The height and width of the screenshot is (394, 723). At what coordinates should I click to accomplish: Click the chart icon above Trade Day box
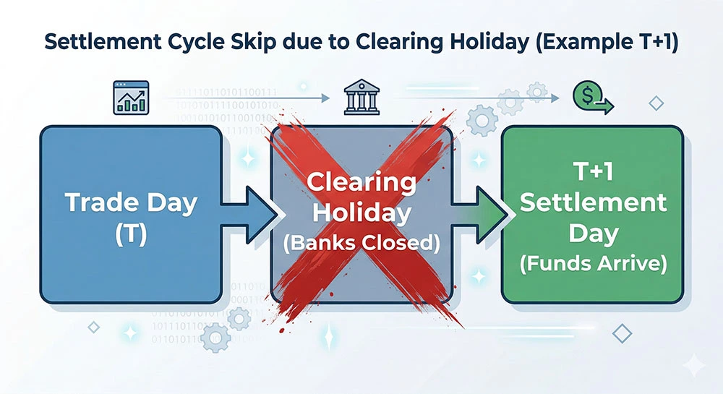(x=130, y=97)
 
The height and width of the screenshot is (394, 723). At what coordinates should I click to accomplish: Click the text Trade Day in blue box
(x=131, y=203)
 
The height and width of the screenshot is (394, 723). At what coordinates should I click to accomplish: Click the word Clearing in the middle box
(x=361, y=183)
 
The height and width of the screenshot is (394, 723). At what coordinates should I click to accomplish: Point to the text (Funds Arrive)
(x=592, y=264)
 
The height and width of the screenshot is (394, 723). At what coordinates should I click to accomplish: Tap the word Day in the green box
(x=592, y=233)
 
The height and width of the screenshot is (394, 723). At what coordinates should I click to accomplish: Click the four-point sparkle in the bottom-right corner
(x=696, y=367)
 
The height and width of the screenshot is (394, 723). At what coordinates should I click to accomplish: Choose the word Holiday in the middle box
(x=361, y=213)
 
